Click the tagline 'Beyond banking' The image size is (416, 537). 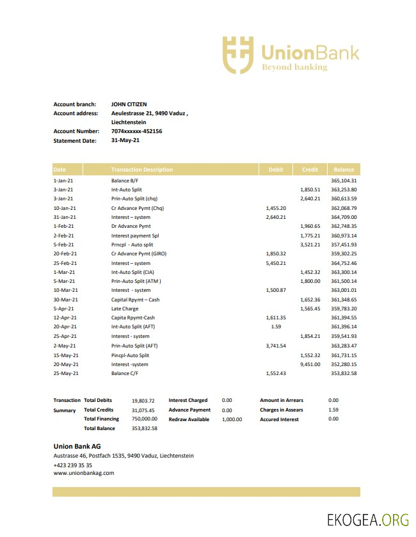[294, 67]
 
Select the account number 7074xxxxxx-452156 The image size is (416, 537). [136, 131]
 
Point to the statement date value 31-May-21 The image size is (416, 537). [125, 140]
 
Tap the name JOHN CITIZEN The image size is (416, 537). [129, 104]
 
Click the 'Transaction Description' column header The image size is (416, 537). [142, 170]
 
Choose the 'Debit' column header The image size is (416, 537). [276, 170]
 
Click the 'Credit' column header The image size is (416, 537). [310, 170]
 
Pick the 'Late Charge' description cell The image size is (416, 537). [125, 309]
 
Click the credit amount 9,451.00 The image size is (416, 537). [310, 364]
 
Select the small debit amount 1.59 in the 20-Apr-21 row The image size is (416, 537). [276, 327]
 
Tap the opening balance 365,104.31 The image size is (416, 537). [344, 180]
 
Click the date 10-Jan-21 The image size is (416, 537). [65, 208]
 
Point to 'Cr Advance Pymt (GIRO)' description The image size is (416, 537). [139, 254]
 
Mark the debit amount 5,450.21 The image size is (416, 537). [275, 263]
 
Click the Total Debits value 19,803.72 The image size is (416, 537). [143, 401]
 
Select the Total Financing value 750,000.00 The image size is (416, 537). [144, 419]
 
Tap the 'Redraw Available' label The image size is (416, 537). [189, 419]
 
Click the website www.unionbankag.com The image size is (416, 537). [84, 473]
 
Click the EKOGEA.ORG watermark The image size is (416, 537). [367, 520]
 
